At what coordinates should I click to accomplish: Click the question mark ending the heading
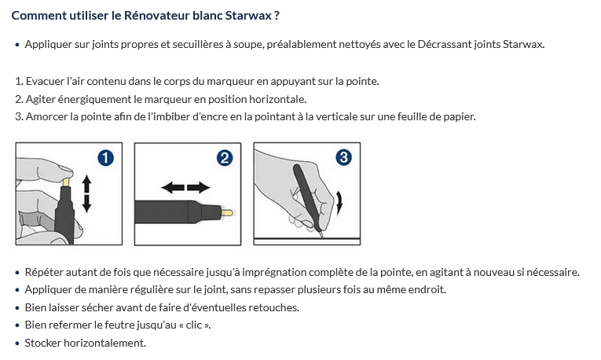click(277, 15)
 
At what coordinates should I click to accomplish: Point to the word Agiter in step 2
click(41, 99)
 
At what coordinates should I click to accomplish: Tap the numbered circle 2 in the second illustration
click(225, 158)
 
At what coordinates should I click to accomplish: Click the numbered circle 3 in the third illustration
click(344, 158)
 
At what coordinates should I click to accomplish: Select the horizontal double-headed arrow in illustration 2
click(185, 187)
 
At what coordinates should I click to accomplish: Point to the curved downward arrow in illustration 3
click(339, 204)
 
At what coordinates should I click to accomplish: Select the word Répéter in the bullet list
click(44, 272)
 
